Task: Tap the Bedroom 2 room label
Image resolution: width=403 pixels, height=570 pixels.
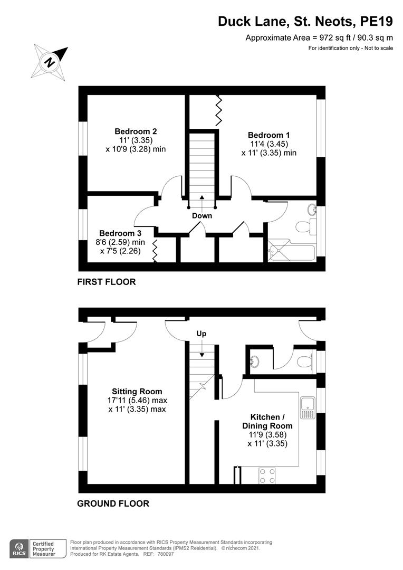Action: (136, 131)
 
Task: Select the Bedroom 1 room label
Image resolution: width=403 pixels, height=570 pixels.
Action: (269, 135)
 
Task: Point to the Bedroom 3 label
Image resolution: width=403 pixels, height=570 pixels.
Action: (120, 233)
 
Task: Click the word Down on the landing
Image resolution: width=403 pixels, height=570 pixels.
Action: (202, 216)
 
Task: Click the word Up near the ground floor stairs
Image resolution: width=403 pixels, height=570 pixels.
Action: (201, 334)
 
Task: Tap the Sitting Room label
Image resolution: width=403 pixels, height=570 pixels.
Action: (136, 392)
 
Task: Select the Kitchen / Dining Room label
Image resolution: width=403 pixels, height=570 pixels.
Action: (267, 421)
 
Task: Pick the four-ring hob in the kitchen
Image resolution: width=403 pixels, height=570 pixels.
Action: (267, 476)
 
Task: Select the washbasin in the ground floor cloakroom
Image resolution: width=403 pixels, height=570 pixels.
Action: (254, 362)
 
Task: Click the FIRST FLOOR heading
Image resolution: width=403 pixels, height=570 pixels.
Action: (107, 282)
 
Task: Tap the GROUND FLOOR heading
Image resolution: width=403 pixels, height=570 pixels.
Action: (113, 503)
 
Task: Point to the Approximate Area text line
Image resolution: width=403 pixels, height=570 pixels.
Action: (319, 37)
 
